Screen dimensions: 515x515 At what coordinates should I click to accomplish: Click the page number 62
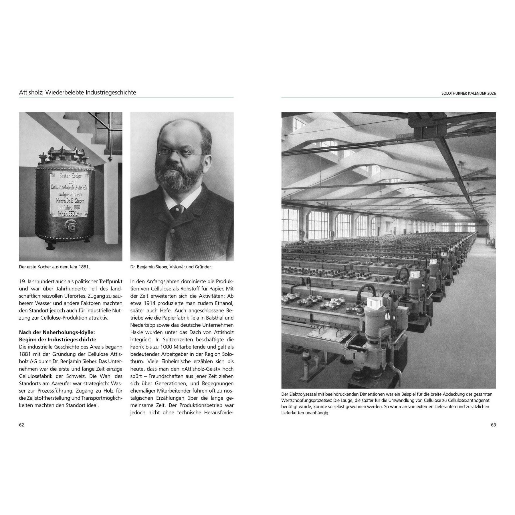[21, 425]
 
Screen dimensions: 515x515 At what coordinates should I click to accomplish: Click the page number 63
[493, 425]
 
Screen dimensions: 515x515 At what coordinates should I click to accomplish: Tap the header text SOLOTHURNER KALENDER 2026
[469, 93]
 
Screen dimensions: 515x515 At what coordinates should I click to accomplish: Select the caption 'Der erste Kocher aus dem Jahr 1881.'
[54, 267]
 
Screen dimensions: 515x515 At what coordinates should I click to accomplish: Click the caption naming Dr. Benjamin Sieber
[171, 267]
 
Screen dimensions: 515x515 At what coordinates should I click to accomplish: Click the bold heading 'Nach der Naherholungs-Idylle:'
[57, 332]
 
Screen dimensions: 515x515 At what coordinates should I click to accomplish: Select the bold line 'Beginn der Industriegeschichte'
[58, 340]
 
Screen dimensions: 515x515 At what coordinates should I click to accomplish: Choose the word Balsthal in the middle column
[214, 318]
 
